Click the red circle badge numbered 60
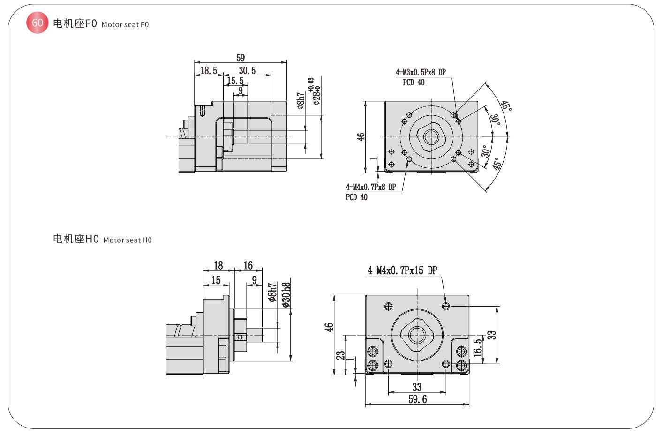[x=38, y=23]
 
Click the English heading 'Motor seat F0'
[x=125, y=24]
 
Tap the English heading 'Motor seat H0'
[x=128, y=240]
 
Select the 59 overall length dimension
[x=241, y=58]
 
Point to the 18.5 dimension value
[x=209, y=71]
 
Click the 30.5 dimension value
[x=247, y=71]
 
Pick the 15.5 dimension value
[x=235, y=81]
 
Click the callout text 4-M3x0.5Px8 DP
[x=421, y=72]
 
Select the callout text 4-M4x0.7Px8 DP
[x=371, y=187]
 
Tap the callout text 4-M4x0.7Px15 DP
[x=402, y=270]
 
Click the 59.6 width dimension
[x=417, y=399]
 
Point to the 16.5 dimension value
[x=478, y=348]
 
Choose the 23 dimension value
[x=340, y=355]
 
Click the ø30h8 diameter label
[x=286, y=294]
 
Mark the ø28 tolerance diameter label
[x=316, y=94]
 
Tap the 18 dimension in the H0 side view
[x=218, y=266]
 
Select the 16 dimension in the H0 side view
[x=248, y=266]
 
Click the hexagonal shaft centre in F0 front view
[x=431, y=137]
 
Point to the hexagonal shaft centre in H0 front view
[x=417, y=335]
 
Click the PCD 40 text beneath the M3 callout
[x=414, y=82]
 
